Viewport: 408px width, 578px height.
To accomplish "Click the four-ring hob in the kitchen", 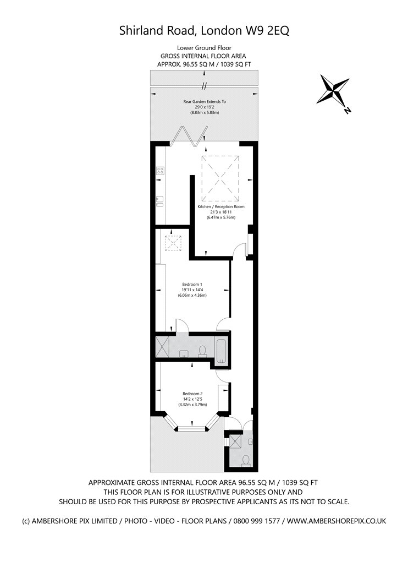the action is coord(160,170).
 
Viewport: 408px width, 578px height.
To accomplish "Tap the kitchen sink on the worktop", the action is coord(160,201).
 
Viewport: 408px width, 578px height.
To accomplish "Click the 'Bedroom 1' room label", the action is coord(192,284).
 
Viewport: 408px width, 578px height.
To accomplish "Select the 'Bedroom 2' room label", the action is coord(192,394).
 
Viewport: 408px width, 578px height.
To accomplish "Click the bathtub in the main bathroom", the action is coord(221,350).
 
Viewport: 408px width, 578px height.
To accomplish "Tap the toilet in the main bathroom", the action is coord(202,351).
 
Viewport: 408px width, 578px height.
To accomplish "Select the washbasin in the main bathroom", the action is coord(184,354).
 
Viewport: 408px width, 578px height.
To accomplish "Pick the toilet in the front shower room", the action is coord(246,460).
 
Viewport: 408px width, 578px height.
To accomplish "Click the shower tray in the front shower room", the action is coord(235,441).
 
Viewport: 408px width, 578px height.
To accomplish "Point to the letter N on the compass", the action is coord(347,110).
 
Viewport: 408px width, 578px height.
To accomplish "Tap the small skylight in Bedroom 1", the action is coord(173,243).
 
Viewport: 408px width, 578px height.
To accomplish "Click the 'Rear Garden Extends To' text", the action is coord(205,101).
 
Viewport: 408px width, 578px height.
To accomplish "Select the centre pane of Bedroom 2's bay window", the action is coord(191,428).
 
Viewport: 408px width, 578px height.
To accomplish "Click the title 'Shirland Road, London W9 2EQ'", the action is coord(204,30).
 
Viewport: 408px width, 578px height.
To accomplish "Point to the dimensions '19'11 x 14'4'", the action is coord(192,290).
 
